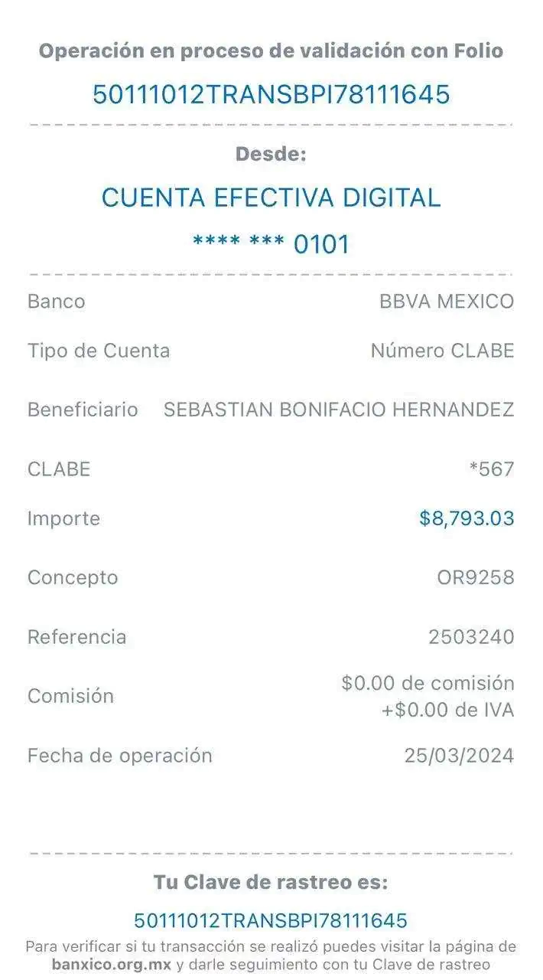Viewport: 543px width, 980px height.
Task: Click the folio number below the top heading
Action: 271,95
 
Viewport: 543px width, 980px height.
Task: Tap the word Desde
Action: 271,154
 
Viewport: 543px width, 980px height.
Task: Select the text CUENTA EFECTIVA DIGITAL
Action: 271,198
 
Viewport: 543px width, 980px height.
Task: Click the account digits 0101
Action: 322,245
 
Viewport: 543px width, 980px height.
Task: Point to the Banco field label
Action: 56,302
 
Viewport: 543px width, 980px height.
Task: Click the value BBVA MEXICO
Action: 447,302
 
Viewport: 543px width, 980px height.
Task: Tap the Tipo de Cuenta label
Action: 99,351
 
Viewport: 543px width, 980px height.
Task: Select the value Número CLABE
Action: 442,351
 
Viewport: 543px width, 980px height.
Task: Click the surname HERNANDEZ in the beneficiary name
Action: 453,410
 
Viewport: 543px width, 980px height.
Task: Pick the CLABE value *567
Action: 491,469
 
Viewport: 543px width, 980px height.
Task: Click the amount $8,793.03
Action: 467,519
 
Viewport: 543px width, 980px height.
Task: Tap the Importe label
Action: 63,519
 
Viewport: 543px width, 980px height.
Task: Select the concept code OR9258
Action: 474,577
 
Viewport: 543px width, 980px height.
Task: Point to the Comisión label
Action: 71,696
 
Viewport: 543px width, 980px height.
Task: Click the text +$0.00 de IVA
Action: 447,710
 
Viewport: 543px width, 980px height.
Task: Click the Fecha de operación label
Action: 120,756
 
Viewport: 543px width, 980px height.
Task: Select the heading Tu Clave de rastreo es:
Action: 271,882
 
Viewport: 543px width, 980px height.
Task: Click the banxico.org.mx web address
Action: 112,965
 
